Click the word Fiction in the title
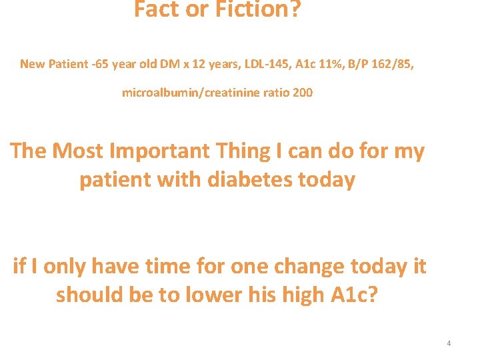[x=258, y=9]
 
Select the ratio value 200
[x=302, y=93]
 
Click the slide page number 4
[x=449, y=343]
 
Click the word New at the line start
[x=32, y=64]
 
